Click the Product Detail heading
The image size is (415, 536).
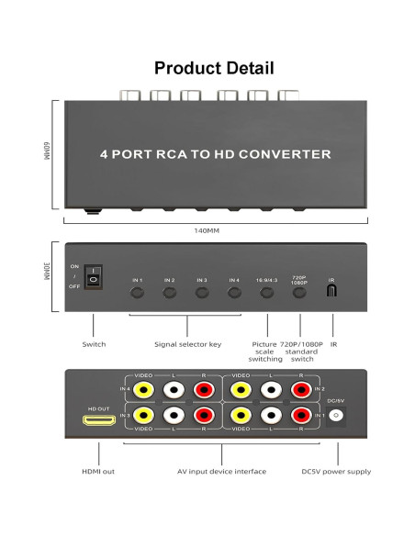[x=213, y=68]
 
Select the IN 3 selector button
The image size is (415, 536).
[x=201, y=295]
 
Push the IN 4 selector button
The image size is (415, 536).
[x=234, y=295]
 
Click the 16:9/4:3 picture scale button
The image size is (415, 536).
[x=267, y=295]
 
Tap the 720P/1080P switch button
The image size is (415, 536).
[x=298, y=295]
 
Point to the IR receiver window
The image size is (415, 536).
[x=332, y=292]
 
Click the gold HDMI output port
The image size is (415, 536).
[x=98, y=421]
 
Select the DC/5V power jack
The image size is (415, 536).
[x=336, y=416]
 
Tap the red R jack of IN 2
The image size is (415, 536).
[x=299, y=389]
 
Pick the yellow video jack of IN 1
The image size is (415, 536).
[x=241, y=416]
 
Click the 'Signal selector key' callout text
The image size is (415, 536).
[x=189, y=344]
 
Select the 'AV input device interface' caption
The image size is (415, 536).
[x=222, y=471]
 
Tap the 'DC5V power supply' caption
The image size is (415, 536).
[x=336, y=471]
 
